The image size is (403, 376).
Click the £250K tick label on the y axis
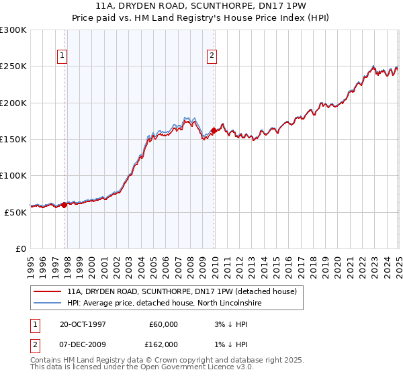tap(13, 66)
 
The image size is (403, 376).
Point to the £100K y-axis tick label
tap(13, 175)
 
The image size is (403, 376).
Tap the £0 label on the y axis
tap(21, 248)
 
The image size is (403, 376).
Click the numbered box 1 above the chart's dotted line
tap(62, 56)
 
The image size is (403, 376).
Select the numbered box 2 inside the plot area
tap(212, 56)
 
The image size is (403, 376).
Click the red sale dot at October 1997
tap(64, 205)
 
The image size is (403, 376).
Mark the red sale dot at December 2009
tap(214, 130)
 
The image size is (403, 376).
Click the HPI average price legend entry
tap(164, 303)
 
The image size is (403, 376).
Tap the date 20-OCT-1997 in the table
tap(83, 324)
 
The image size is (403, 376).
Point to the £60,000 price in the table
tap(163, 324)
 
